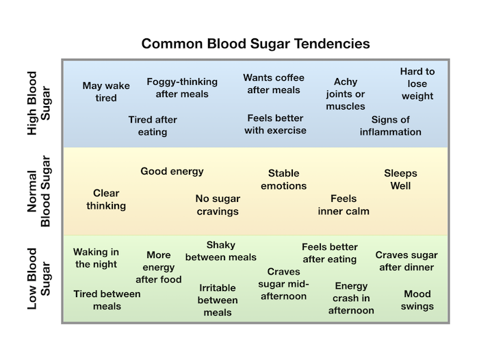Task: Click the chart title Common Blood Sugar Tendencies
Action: (x=255, y=44)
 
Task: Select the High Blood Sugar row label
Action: (x=38, y=101)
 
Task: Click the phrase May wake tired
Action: (x=101, y=92)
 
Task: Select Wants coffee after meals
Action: (x=274, y=83)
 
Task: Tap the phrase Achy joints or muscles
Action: (x=346, y=94)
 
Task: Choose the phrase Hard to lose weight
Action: (x=417, y=83)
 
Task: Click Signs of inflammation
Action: (x=391, y=126)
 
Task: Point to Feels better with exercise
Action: (x=275, y=124)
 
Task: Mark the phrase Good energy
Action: (x=172, y=171)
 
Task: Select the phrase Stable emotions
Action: (x=284, y=179)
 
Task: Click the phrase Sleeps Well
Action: (x=400, y=179)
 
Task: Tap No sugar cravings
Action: (x=218, y=205)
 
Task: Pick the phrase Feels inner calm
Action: (x=344, y=205)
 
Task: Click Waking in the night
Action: (x=96, y=258)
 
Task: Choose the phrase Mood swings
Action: (x=417, y=300)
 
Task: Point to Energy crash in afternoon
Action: (x=352, y=298)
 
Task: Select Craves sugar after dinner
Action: (x=406, y=261)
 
